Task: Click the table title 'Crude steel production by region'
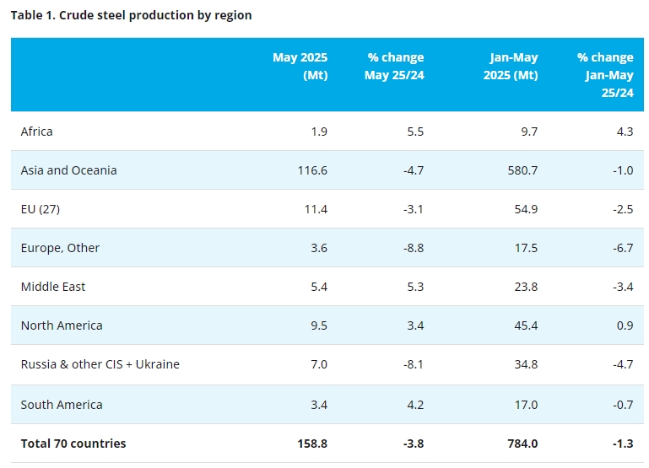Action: coord(131,15)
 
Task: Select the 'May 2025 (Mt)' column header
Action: coord(300,66)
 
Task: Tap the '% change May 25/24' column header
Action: coord(394,66)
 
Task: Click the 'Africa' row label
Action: coord(37,132)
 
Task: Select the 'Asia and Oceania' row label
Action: coord(69,170)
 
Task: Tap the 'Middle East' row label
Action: coord(53,287)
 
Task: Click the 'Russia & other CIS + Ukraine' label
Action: coord(100,364)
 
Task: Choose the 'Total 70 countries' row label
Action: coord(73,444)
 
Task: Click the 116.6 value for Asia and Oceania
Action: coord(312,170)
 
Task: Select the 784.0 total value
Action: coord(522,444)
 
